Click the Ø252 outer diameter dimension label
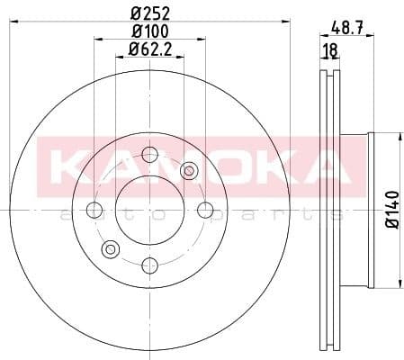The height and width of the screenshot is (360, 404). pyautogui.click(x=151, y=12)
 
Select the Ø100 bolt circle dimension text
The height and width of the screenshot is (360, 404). pyautogui.click(x=151, y=31)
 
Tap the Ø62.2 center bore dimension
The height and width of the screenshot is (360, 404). pyautogui.click(x=151, y=49)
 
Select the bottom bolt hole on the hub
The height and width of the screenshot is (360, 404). pyautogui.click(x=151, y=264)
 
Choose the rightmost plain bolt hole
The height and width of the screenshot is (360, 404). pyautogui.click(x=206, y=211)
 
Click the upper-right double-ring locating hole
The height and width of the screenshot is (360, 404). pyautogui.click(x=190, y=170)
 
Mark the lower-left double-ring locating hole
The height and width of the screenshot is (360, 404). pyautogui.click(x=112, y=249)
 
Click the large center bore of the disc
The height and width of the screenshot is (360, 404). pyautogui.click(x=151, y=210)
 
